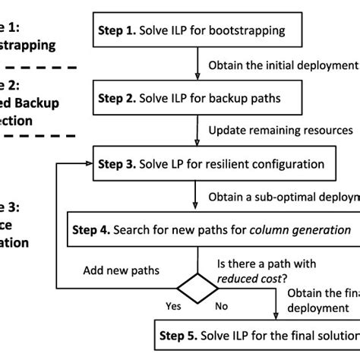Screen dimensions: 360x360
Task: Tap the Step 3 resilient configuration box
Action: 220,163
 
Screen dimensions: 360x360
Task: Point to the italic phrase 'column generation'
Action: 302,229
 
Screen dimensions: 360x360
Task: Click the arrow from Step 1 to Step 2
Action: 198,64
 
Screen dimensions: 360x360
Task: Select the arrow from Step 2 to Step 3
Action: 198,130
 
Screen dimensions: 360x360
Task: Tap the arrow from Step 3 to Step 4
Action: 198,195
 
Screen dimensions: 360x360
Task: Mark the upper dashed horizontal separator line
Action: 38,68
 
